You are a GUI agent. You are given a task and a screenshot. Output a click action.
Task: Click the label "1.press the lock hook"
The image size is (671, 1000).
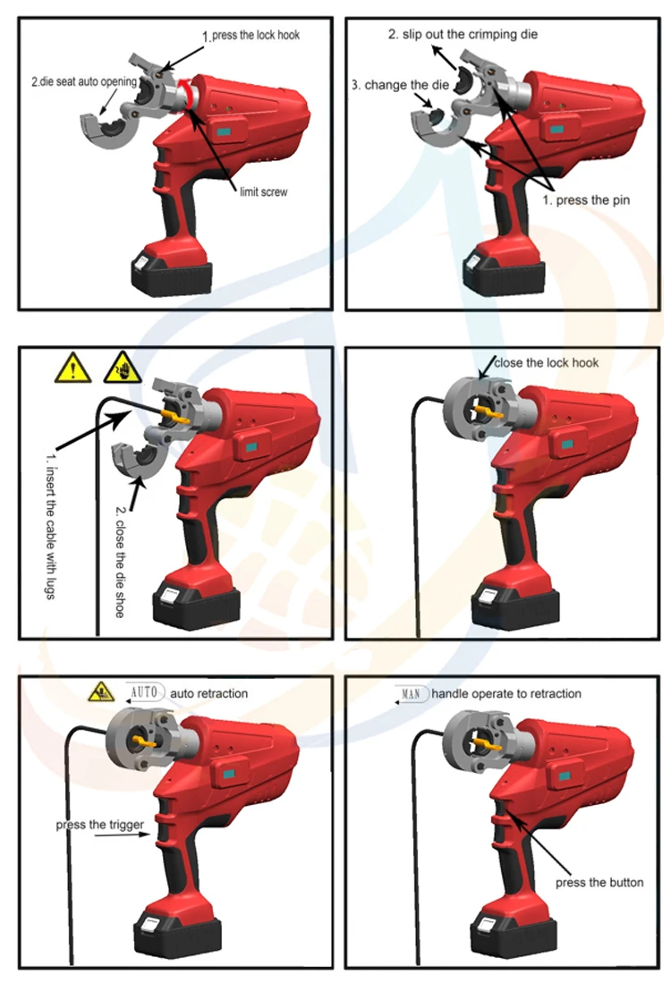(x=251, y=37)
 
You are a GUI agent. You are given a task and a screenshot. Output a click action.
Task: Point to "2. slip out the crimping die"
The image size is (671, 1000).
(x=463, y=33)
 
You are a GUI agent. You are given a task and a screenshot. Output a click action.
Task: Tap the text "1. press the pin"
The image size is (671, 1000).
(x=587, y=200)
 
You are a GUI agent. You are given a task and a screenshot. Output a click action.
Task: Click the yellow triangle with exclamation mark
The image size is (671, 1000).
(x=72, y=369)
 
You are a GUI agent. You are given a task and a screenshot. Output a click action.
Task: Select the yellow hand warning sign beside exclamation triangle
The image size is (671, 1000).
(x=121, y=368)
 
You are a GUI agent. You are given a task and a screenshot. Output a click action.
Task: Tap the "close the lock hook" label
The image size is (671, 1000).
(x=546, y=362)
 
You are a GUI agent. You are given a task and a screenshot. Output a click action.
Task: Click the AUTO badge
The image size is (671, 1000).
(x=143, y=692)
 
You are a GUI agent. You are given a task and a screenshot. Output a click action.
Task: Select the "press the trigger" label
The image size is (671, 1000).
(x=99, y=824)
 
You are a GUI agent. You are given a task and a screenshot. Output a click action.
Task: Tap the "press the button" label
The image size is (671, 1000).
(x=599, y=882)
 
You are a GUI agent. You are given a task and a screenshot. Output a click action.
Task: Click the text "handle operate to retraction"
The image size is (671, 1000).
(x=505, y=693)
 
